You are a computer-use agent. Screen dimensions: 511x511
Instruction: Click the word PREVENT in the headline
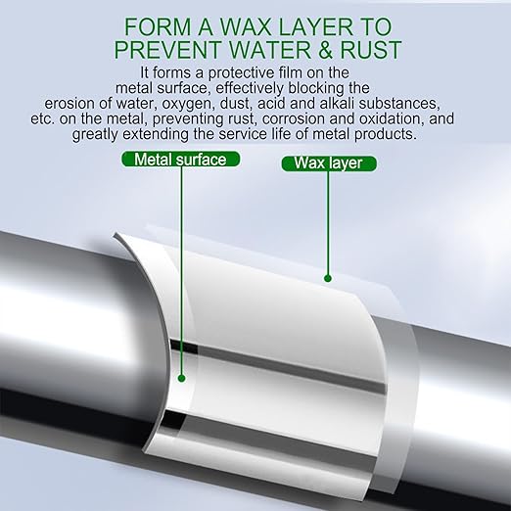pyautogui.click(x=167, y=50)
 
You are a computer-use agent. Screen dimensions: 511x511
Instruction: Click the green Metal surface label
pyautogui.click(x=180, y=160)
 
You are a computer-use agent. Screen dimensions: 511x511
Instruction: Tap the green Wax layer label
pyautogui.click(x=329, y=163)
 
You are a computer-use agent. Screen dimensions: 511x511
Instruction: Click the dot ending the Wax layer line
pyautogui.click(x=328, y=278)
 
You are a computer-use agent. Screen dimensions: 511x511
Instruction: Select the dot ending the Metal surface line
pyautogui.click(x=182, y=379)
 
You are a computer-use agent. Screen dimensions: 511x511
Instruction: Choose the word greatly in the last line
pyautogui.click(x=95, y=135)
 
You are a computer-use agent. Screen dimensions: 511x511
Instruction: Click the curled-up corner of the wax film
pyautogui.click(x=117, y=236)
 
